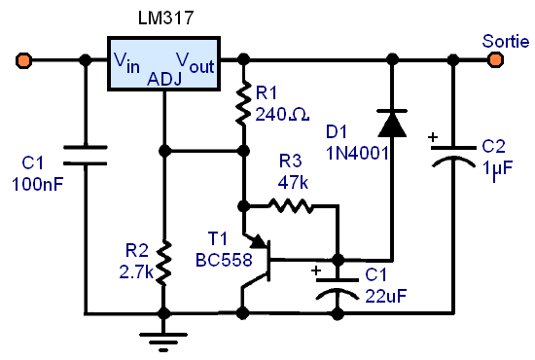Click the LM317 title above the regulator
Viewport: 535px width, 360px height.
tap(165, 18)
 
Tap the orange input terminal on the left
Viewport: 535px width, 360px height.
tap(24, 60)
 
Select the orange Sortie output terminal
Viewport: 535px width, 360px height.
tap(495, 60)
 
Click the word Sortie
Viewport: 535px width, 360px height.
tap(506, 41)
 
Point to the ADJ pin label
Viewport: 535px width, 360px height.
tap(164, 79)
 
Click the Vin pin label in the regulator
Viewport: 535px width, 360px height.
tap(126, 62)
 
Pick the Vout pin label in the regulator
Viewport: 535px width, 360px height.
tap(196, 62)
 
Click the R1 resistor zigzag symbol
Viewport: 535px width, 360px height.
tap(243, 103)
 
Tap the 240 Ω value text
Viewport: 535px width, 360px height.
tap(282, 114)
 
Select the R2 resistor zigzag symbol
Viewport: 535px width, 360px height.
tap(164, 263)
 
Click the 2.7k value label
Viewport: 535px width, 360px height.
tap(136, 272)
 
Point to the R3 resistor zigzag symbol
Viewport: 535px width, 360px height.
tap(291, 205)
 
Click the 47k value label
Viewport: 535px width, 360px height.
tap(293, 183)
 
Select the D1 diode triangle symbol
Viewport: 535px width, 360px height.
tap(392, 124)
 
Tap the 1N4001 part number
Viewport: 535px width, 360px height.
tap(357, 153)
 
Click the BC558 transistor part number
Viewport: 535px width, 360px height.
tap(224, 261)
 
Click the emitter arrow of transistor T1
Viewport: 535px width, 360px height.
tap(258, 241)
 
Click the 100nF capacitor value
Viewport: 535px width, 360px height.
tap(38, 185)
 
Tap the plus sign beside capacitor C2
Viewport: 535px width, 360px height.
tap(433, 137)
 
